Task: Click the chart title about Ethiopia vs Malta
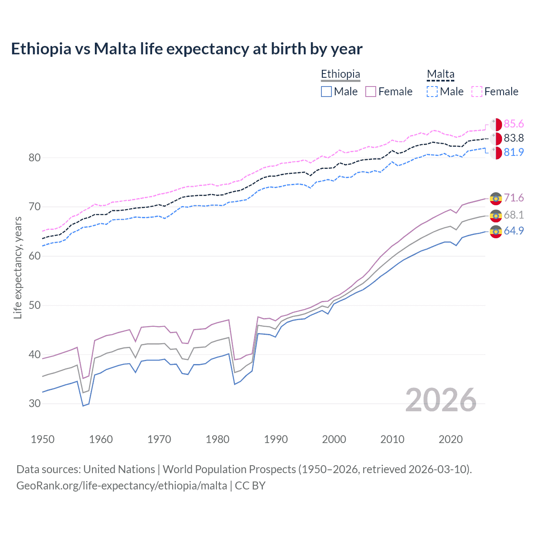click(186, 49)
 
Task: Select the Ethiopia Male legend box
click(326, 92)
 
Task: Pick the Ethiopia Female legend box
click(371, 92)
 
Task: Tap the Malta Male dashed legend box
click(432, 92)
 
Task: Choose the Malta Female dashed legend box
click(477, 92)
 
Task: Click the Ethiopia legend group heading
click(340, 74)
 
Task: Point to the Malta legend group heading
click(441, 74)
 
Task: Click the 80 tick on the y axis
click(35, 158)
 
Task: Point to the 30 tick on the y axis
click(35, 403)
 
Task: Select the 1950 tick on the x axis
click(43, 439)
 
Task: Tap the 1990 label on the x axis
click(276, 439)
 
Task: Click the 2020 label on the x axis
click(451, 439)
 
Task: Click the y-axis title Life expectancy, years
click(18, 267)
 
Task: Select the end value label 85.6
click(514, 124)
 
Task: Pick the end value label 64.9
click(514, 231)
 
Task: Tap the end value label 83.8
click(514, 138)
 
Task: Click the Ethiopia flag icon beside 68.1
click(496, 216)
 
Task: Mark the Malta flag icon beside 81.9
click(496, 153)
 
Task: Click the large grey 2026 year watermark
click(441, 400)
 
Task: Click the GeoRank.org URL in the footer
click(122, 486)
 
